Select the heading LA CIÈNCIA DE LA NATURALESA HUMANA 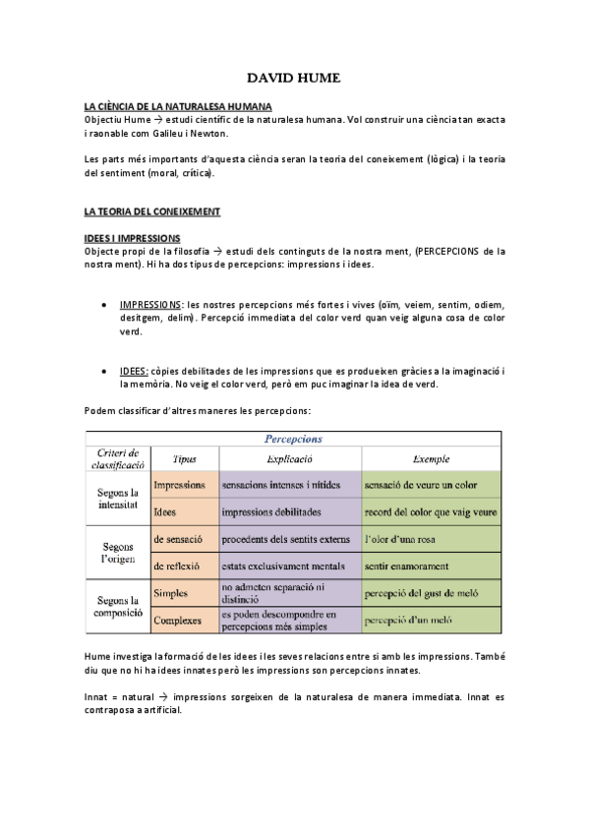(178, 106)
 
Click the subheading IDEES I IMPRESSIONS (132, 238)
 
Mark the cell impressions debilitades (271, 512)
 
